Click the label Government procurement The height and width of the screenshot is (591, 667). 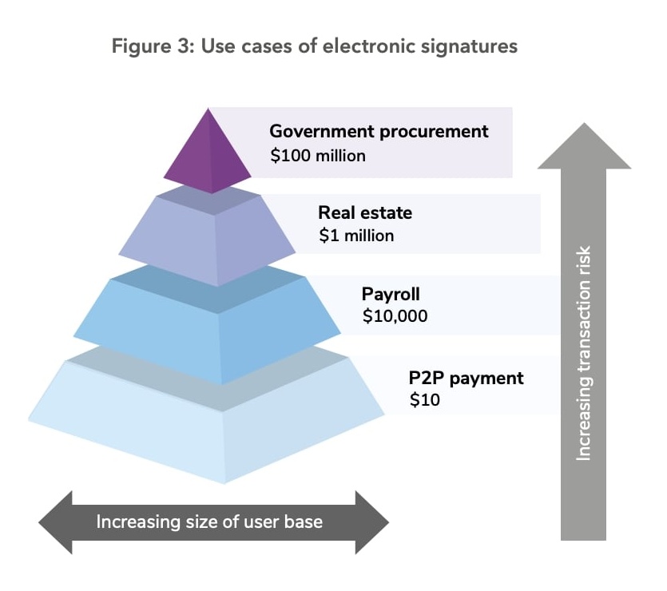[x=379, y=132]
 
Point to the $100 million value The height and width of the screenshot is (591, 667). [x=317, y=156]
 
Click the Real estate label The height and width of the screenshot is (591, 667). [x=365, y=213]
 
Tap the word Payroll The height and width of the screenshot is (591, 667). [x=391, y=294]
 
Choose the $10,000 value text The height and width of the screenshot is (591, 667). [x=395, y=316]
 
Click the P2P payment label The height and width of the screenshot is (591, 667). [x=467, y=378]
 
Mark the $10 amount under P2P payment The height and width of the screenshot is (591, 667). [x=424, y=401]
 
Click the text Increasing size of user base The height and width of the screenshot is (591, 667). [x=209, y=522]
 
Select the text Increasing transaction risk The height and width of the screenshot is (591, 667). [x=583, y=351]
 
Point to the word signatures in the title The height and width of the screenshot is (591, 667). [x=474, y=46]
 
